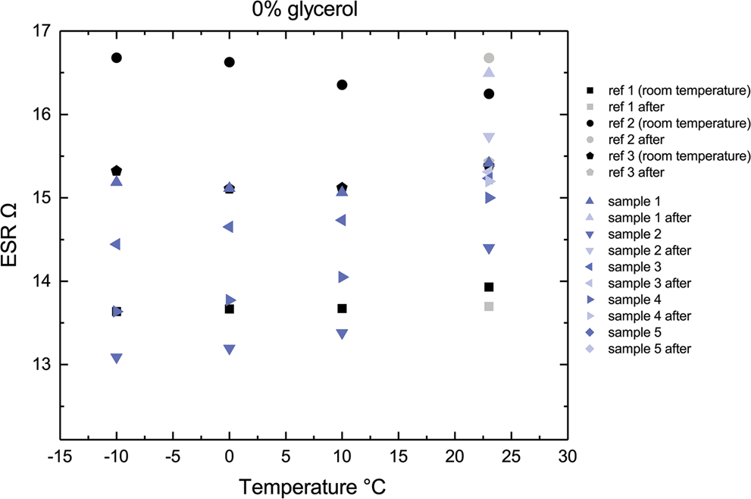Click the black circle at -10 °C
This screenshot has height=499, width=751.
pyautogui.click(x=117, y=58)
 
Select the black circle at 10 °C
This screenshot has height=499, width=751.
pyautogui.click(x=342, y=85)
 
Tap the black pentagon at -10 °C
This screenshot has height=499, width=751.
pyautogui.click(x=117, y=171)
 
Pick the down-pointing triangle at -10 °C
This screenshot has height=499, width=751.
pyautogui.click(x=117, y=358)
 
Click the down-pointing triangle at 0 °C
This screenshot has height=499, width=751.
pyautogui.click(x=230, y=350)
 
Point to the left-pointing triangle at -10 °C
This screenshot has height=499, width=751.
pyautogui.click(x=116, y=244)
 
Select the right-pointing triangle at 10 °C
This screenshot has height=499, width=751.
pyautogui.click(x=343, y=277)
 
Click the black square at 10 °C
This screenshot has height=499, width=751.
pyautogui.click(x=342, y=309)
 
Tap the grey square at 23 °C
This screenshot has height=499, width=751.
pyautogui.click(x=489, y=306)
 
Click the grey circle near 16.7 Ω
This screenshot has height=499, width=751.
pyautogui.click(x=489, y=58)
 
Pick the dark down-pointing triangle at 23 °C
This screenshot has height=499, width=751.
pyautogui.click(x=489, y=249)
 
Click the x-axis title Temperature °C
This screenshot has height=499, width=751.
pyautogui.click(x=314, y=484)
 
